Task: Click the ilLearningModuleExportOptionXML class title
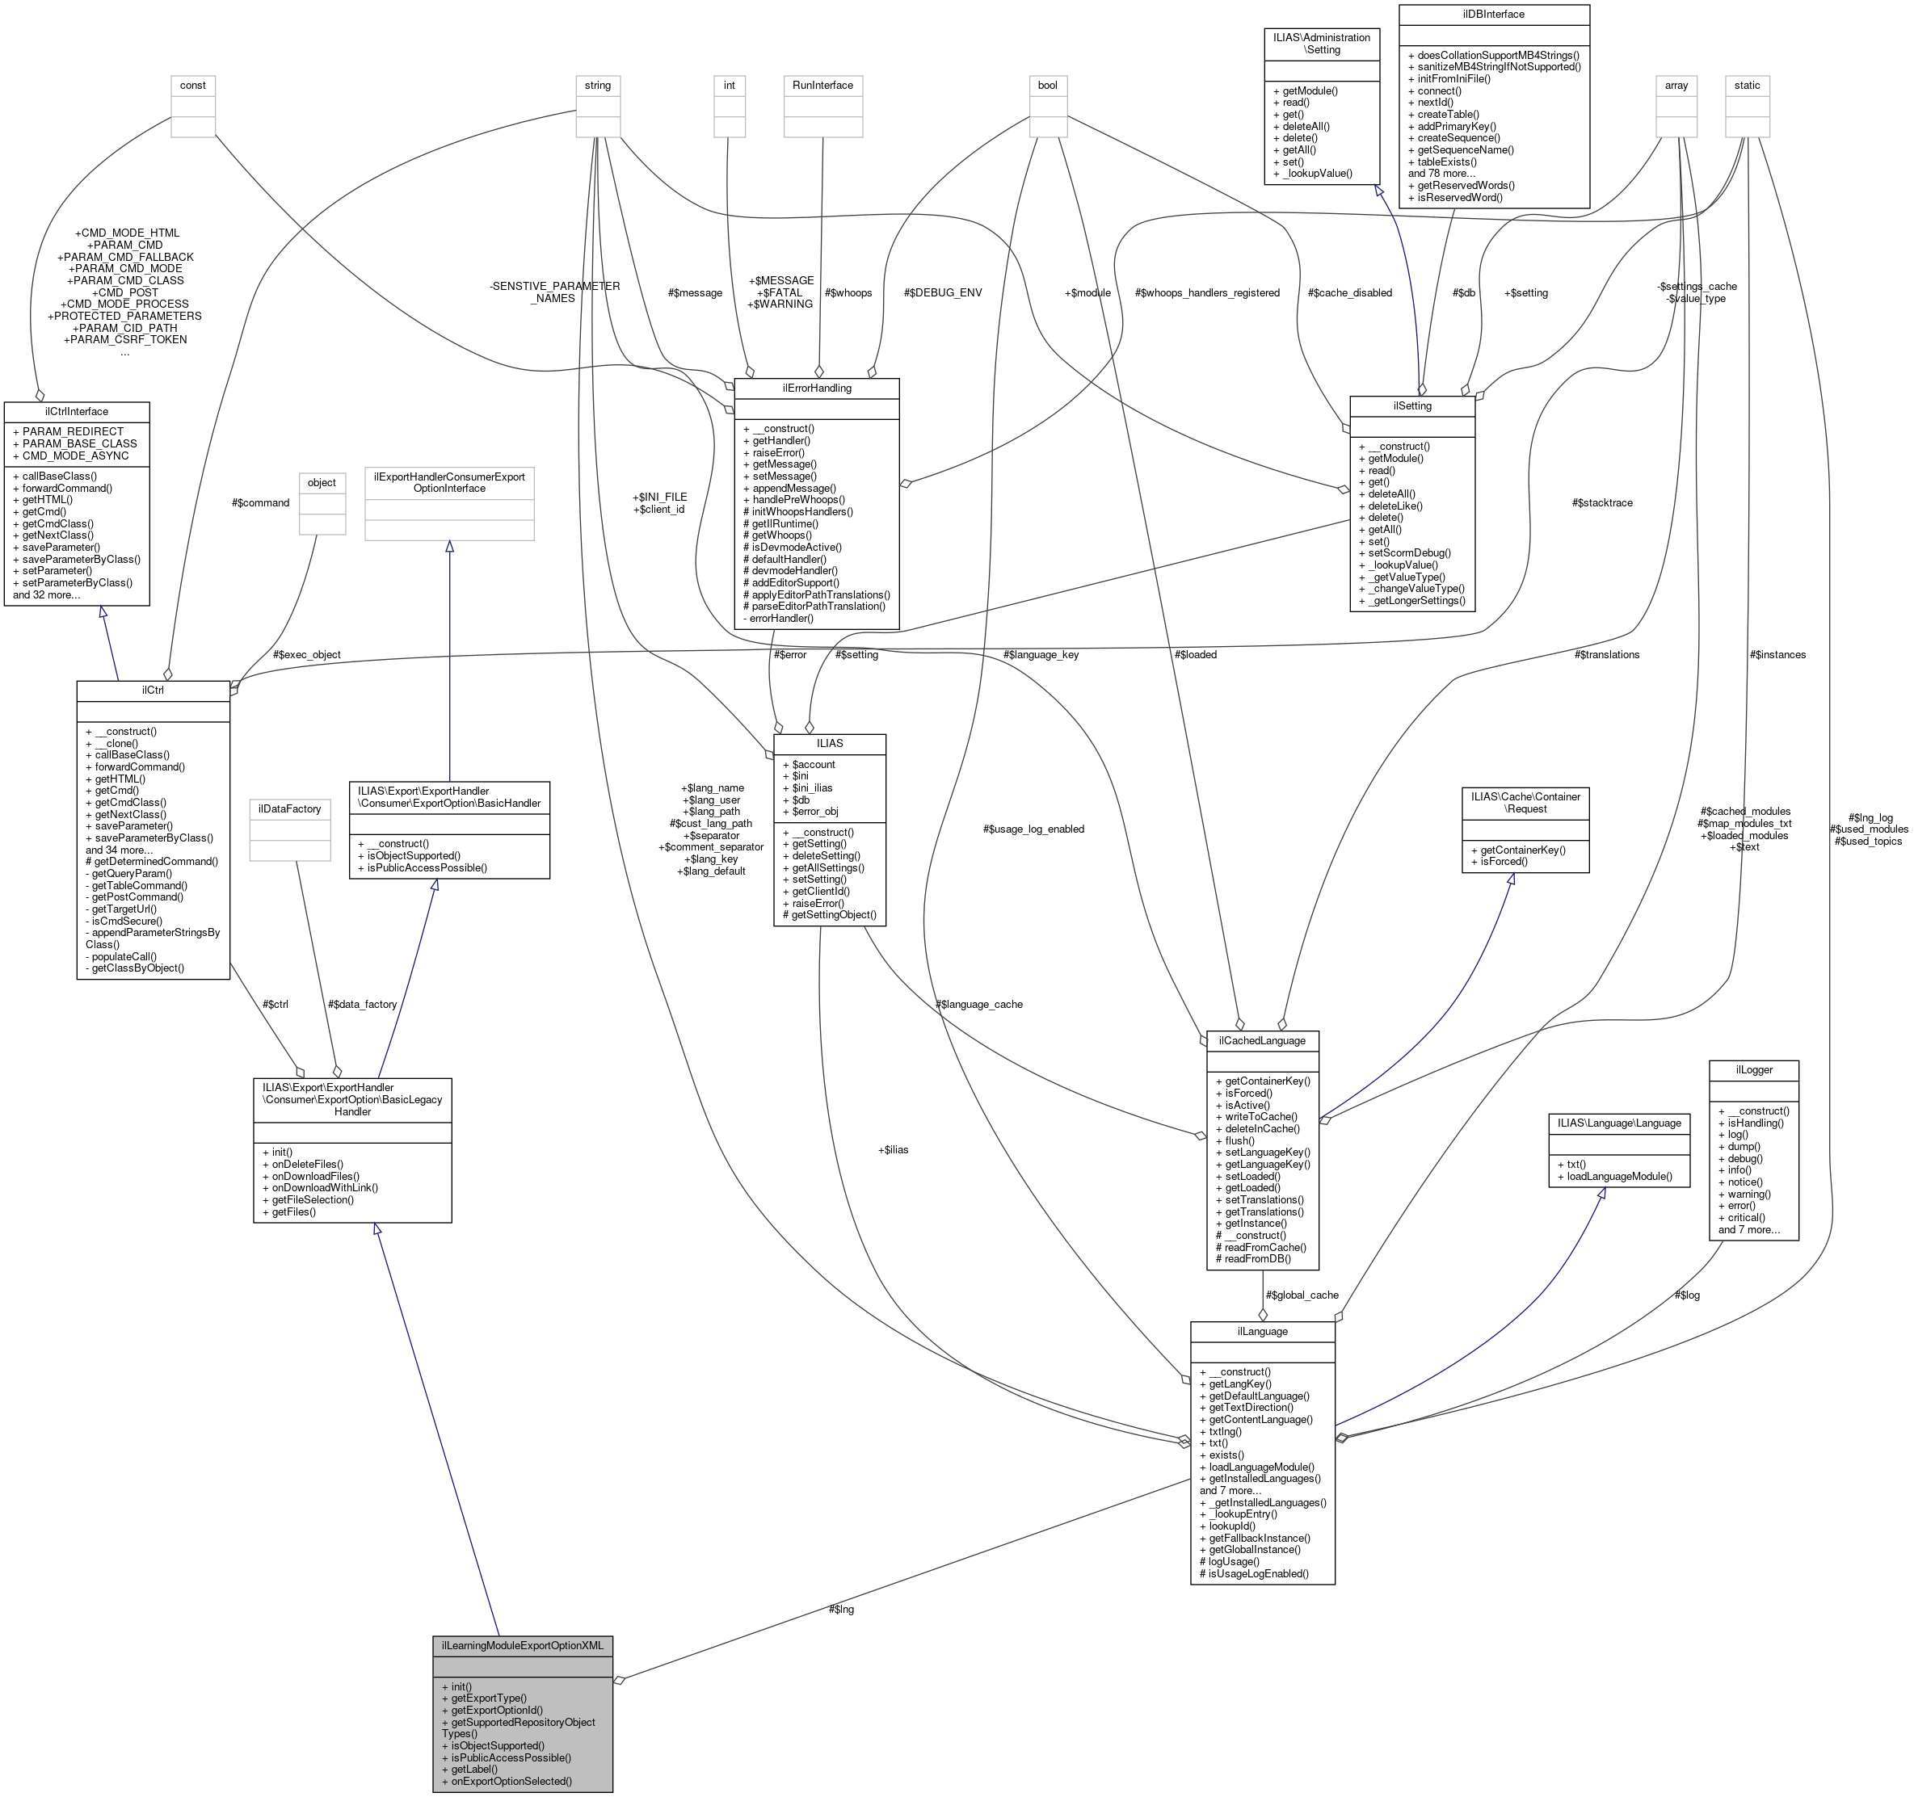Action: (522, 1645)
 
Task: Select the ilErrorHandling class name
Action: (817, 388)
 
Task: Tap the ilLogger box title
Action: (1753, 1069)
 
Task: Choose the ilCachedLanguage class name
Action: (1261, 1040)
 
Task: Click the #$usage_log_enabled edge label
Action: (1033, 829)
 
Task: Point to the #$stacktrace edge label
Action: (1602, 502)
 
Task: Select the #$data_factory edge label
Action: (362, 1004)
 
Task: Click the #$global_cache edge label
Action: (1302, 1295)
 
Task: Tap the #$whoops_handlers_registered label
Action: (1207, 292)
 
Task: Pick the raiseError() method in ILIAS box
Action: (818, 903)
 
